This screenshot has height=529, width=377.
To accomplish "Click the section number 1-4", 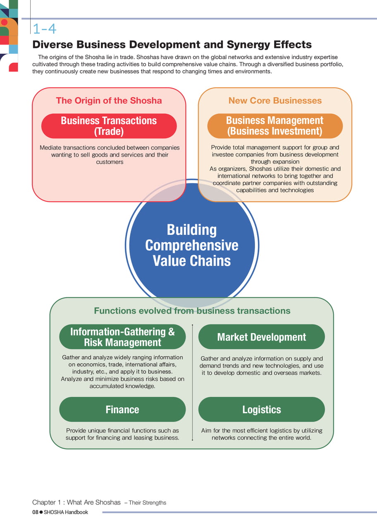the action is pyautogui.click(x=44, y=29).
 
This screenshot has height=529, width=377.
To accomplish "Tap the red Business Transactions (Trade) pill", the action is pyautogui.click(x=109, y=126).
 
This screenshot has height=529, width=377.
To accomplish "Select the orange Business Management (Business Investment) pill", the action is pyautogui.click(x=275, y=126).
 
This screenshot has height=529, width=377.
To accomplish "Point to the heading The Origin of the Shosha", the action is pyautogui.click(x=109, y=100).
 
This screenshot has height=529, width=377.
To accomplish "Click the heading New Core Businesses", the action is pyautogui.click(x=275, y=100).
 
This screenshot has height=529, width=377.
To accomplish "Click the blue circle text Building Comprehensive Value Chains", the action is pyautogui.click(x=192, y=245).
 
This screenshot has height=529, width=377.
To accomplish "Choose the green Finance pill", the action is pyautogui.click(x=122, y=409).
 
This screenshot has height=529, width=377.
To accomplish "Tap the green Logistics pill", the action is pyautogui.click(x=262, y=409).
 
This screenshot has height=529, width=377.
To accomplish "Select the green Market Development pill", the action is pyautogui.click(x=262, y=337).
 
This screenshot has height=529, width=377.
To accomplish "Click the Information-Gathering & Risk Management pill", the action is pyautogui.click(x=122, y=337).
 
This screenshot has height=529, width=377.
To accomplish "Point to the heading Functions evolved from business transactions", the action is pyautogui.click(x=192, y=311).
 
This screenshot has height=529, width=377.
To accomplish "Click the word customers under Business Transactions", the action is pyautogui.click(x=110, y=162).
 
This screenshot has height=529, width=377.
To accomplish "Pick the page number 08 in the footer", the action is pyautogui.click(x=35, y=512).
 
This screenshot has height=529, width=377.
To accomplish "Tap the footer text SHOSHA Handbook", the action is pyautogui.click(x=66, y=512).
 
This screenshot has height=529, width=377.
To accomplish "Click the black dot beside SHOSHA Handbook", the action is pyautogui.click(x=41, y=512).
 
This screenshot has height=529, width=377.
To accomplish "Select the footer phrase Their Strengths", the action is pyautogui.click(x=148, y=503).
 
